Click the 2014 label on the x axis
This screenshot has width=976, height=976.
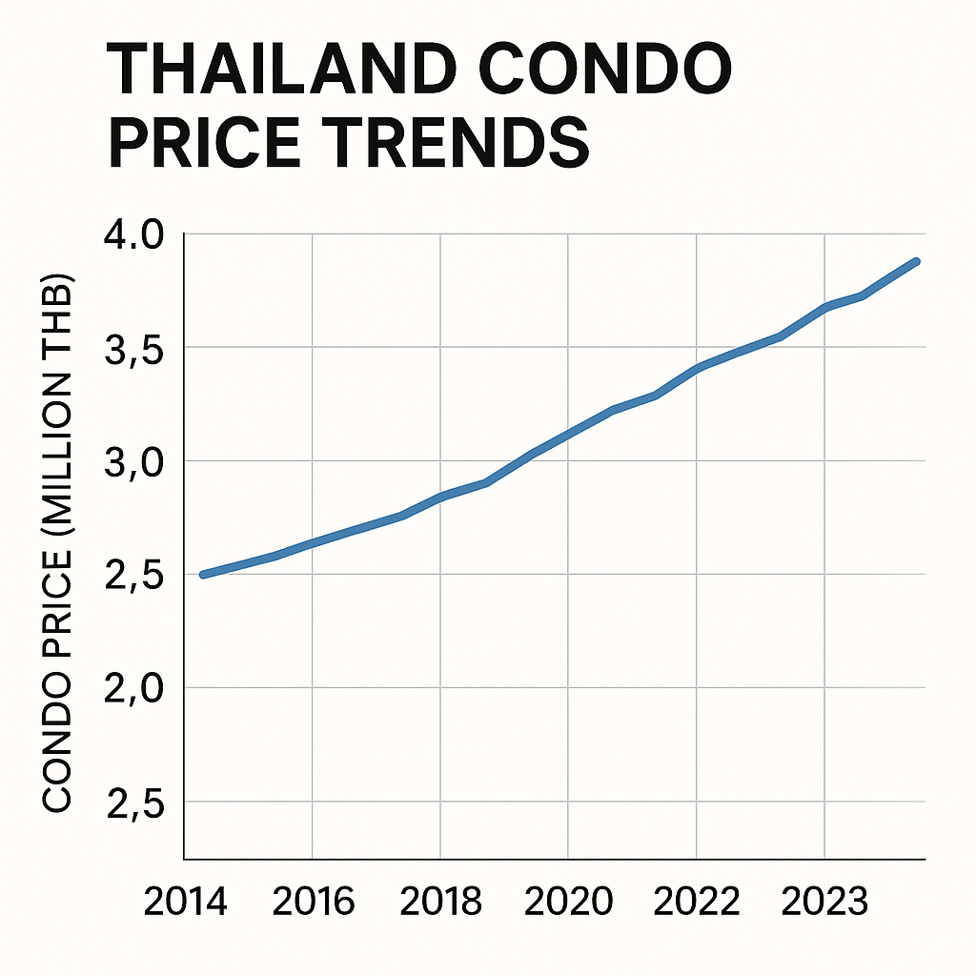pyautogui.click(x=185, y=901)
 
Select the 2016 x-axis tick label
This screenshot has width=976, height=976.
pyautogui.click(x=313, y=901)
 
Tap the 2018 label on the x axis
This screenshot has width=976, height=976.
pyautogui.click(x=440, y=901)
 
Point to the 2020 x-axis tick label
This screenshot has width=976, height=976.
pyautogui.click(x=568, y=901)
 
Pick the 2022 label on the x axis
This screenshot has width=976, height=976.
pyautogui.click(x=697, y=901)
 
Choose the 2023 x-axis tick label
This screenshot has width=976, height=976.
pyautogui.click(x=824, y=901)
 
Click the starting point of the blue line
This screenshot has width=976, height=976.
pyautogui.click(x=203, y=575)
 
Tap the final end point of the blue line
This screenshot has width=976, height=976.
pyautogui.click(x=916, y=261)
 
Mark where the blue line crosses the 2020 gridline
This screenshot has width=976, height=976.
pyautogui.click(x=568, y=435)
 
